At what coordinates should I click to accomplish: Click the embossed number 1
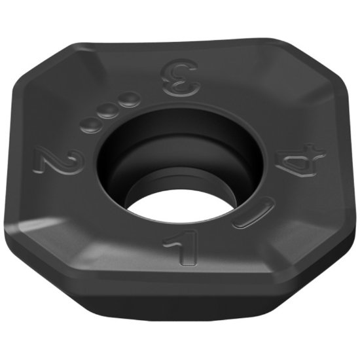179,251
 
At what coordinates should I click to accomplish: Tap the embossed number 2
59,160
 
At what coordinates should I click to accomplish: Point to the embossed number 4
300,161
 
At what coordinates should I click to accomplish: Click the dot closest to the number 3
130,99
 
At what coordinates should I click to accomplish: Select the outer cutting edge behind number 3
180,27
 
